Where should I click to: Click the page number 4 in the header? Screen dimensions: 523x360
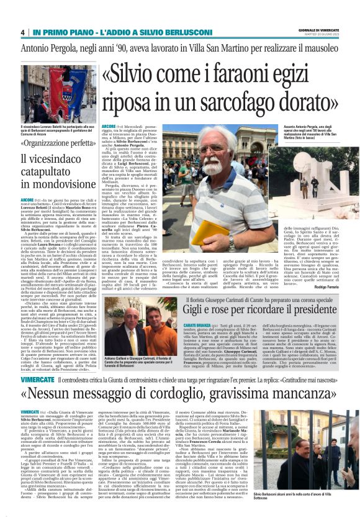[x=22, y=32]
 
